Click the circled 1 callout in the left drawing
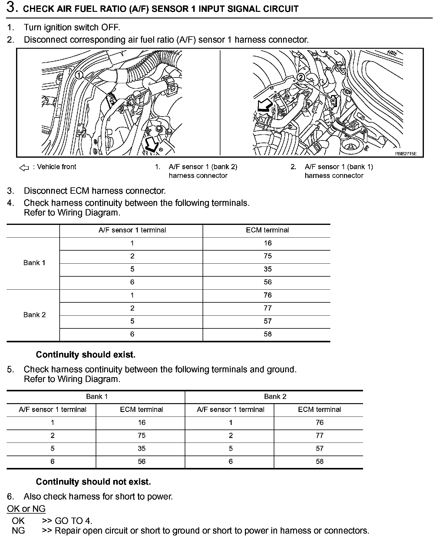tap(79, 75)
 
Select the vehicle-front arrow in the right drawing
tap(263, 107)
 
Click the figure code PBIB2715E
tap(405, 154)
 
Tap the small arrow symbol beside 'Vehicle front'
tap(24, 167)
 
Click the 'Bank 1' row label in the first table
tap(34, 263)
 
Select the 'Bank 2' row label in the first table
tap(34, 315)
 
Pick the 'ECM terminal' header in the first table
tap(267, 230)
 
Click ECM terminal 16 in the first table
tap(268, 243)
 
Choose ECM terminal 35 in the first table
tap(268, 269)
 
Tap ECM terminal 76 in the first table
tap(268, 295)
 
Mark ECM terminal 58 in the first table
tap(268, 334)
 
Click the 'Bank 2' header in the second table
tap(275, 397)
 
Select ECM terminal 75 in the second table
tap(141, 436)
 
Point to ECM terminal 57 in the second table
tap(319, 449)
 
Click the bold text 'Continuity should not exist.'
tap(93, 482)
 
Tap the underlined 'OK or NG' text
tap(26, 509)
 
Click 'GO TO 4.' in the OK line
tap(73, 521)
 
